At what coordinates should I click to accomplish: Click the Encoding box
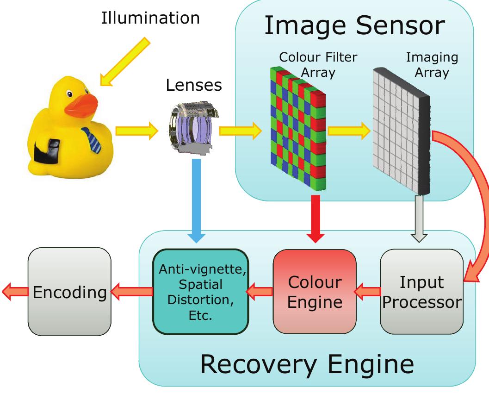tap(69, 292)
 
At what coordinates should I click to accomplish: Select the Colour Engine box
tap(314, 292)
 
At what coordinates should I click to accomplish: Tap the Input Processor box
tap(421, 292)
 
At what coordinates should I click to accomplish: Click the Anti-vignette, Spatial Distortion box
tap(201, 292)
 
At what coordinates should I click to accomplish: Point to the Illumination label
tap(151, 18)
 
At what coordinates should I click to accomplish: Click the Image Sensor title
tap(355, 26)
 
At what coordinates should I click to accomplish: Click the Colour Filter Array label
tap(318, 65)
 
